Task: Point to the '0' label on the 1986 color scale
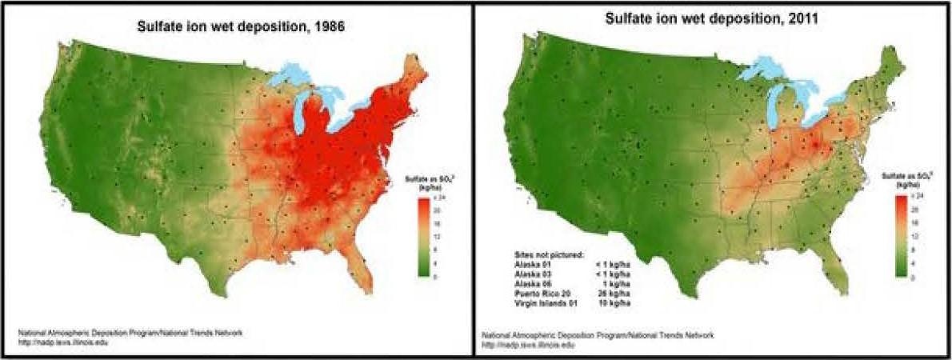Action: (434, 277)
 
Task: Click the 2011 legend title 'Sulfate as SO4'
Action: (902, 175)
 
